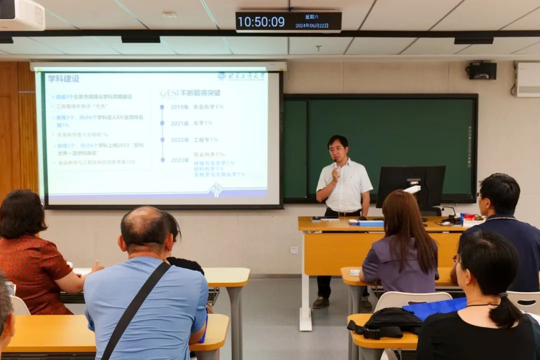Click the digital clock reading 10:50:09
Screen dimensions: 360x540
(261, 21)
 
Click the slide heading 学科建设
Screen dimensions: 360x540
(63, 78)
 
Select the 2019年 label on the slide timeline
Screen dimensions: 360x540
(179, 106)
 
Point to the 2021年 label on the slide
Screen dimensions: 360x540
(179, 123)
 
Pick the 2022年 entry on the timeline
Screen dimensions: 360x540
(179, 139)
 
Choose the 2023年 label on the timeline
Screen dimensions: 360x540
(179, 160)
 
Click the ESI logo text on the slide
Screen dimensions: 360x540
(169, 93)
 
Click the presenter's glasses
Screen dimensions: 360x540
(337, 148)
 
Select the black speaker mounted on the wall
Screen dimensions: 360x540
(482, 70)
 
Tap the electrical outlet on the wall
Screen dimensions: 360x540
(294, 250)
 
